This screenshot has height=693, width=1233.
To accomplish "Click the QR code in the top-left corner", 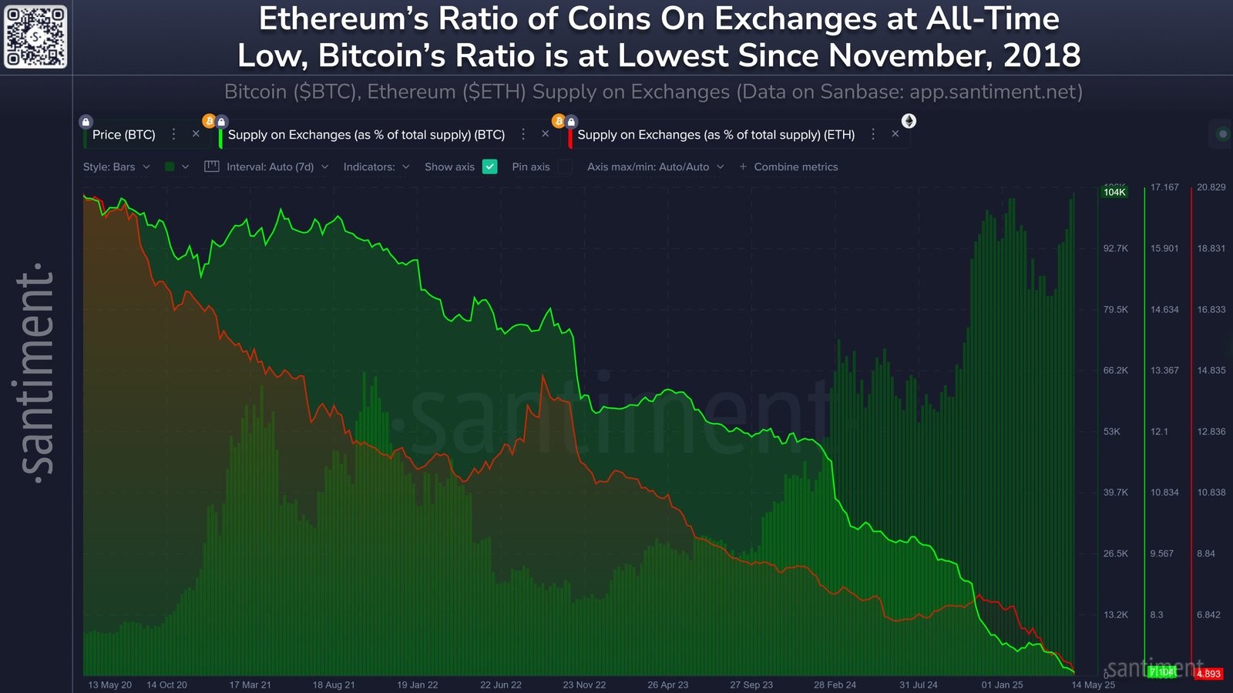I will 35,36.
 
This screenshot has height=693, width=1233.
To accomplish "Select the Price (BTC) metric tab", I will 123,135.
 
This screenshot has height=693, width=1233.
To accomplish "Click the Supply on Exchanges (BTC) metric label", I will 366,135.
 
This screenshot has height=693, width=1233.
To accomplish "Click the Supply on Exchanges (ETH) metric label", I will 715,135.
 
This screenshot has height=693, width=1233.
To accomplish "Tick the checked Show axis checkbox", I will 490,167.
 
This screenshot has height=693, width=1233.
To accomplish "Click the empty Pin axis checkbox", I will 565,167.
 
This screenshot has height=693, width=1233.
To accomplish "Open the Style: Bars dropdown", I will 116,167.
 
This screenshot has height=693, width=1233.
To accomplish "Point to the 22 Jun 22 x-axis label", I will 500,685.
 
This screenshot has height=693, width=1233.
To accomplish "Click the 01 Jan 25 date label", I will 1002,685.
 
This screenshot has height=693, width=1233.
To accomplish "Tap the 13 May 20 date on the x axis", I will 109,685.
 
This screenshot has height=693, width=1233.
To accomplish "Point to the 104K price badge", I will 1114,192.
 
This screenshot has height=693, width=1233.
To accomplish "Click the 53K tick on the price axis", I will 1111,432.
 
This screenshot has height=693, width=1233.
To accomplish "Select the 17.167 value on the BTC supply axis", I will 1164,187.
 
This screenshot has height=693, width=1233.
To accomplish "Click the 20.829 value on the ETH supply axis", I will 1211,187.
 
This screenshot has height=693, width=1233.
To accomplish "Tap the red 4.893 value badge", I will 1208,674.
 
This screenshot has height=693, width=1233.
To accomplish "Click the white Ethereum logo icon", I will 909,121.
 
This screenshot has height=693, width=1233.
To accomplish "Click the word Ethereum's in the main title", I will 343,19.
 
